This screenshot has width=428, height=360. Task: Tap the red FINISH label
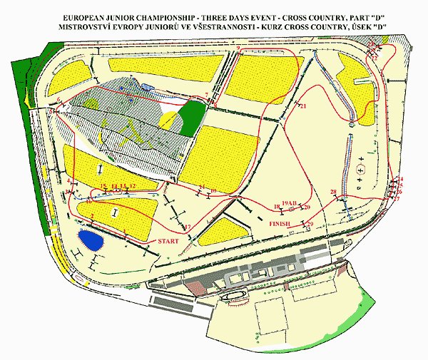pyautogui.click(x=280, y=224)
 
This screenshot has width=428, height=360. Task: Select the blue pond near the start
pyautogui.click(x=91, y=239)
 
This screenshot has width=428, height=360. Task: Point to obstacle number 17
pyautogui.click(x=188, y=227)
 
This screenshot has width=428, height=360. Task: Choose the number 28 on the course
pyautogui.click(x=333, y=192)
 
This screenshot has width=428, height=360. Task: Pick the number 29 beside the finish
pyautogui.click(x=309, y=225)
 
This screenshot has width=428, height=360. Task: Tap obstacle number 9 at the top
pyautogui.click(x=239, y=48)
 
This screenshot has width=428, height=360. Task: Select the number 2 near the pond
pyautogui.click(x=93, y=216)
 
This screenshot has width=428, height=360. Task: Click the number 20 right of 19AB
pyautogui.click(x=307, y=207)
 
